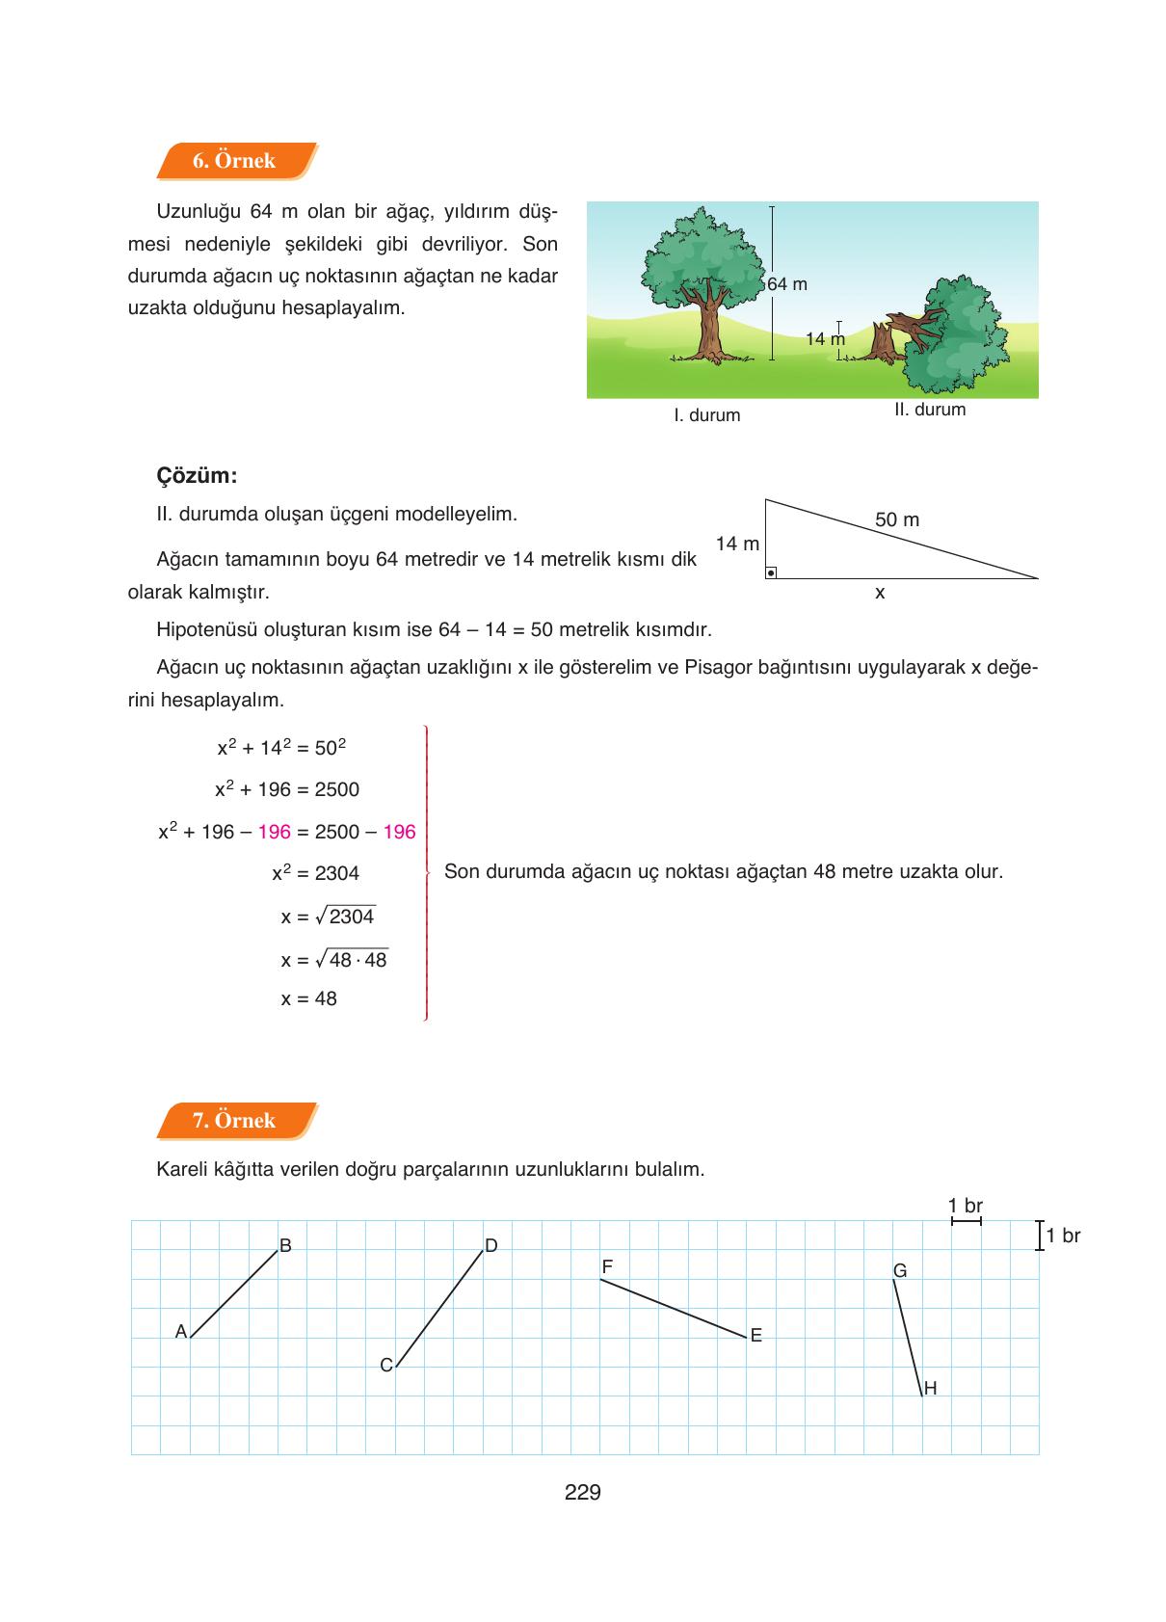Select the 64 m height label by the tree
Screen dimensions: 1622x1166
(787, 284)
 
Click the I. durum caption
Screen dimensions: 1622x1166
(706, 415)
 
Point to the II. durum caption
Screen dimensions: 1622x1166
(929, 410)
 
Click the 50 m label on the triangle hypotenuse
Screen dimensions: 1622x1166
(896, 520)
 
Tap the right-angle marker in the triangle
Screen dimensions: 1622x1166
(771, 572)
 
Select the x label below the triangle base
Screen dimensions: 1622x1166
(879, 594)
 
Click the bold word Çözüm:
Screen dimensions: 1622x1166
(197, 476)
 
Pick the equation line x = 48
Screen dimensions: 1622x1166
(308, 999)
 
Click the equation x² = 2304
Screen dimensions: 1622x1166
(315, 873)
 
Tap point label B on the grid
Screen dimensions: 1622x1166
(285, 1246)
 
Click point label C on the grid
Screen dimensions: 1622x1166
(385, 1366)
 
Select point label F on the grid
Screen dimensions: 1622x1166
(607, 1266)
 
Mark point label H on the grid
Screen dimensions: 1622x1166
(930, 1389)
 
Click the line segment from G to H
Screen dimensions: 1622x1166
(908, 1338)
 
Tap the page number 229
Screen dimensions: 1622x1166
(582, 1493)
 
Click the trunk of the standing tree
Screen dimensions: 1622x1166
(710, 328)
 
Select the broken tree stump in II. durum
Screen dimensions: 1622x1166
(882, 344)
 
